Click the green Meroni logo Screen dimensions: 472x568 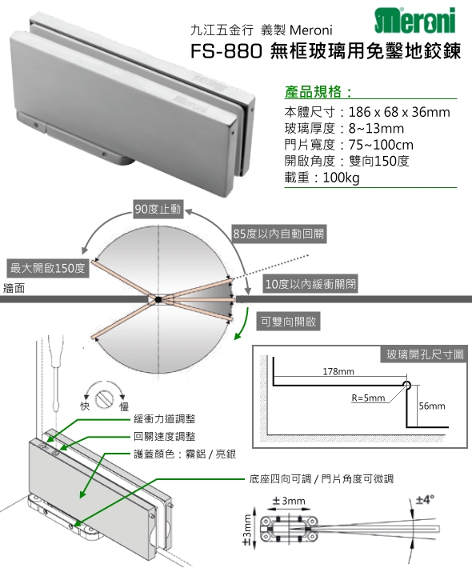414,20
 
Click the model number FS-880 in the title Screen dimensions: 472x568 226,51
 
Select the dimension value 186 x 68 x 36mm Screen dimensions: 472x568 399,112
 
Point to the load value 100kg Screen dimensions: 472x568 342,178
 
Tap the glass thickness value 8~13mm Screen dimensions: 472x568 376,129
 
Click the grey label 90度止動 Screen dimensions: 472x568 158,209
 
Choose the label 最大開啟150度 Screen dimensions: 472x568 47,269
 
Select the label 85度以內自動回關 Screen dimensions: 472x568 278,234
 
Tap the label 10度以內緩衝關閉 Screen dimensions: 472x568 311,284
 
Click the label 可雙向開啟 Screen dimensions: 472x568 288,322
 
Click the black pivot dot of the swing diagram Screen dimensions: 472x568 158,299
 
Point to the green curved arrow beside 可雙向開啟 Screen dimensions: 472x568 243,324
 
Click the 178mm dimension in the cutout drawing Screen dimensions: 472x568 338,371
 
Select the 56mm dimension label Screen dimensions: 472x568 432,406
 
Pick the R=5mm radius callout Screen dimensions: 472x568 368,398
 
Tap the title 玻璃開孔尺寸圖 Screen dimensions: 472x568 425,354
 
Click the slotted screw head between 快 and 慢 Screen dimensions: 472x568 104,398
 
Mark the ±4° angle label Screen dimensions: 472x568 424,500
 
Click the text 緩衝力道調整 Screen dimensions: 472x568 165,418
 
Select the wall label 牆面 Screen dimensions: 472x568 14,288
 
